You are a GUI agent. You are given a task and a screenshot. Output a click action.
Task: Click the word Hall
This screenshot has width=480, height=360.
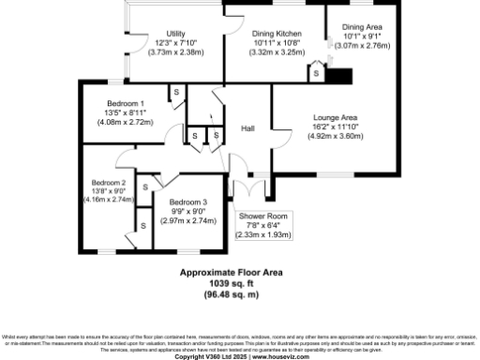coord(248,128)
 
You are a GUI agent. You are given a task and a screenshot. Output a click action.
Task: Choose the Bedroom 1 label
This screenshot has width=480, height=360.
coord(125,103)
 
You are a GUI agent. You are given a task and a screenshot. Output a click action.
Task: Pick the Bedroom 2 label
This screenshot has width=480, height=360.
coord(109,182)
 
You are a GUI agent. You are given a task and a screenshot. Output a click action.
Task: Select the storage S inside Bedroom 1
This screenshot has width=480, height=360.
coord(175,92)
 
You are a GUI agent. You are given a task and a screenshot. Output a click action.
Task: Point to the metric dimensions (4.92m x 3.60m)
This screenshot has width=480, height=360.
coord(335,136)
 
